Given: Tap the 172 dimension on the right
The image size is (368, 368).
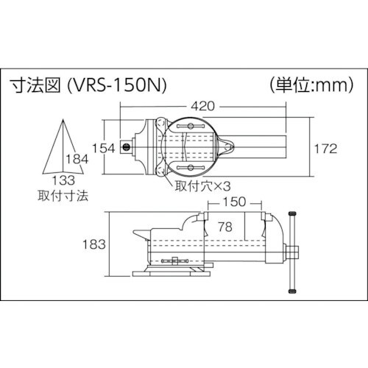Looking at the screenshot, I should coord(325,148).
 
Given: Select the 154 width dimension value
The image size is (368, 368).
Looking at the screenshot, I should coord(105,148).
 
